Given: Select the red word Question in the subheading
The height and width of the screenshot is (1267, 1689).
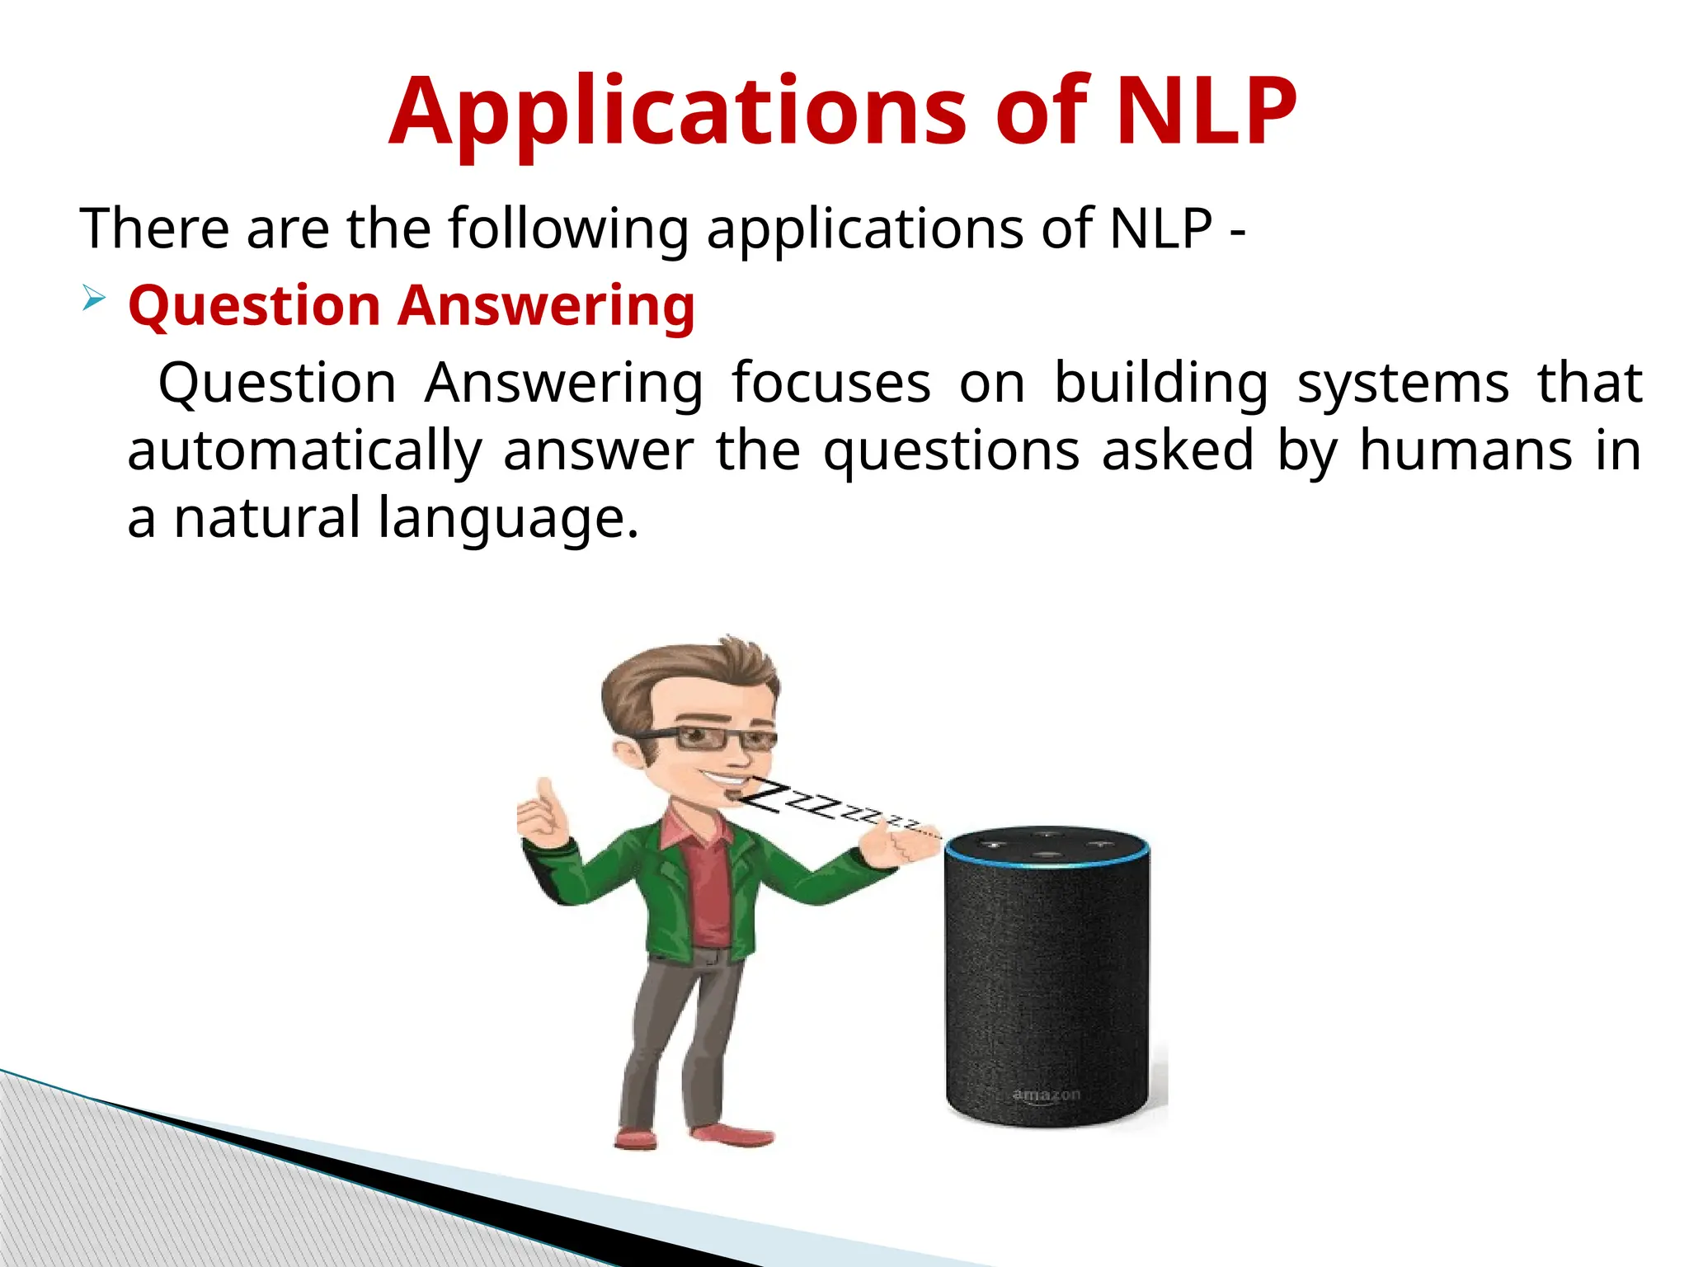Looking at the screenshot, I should coord(254,306).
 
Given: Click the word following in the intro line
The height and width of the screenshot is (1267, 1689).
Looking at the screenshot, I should coord(568,228).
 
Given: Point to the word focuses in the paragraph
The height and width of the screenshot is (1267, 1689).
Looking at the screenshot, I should coord(831,383).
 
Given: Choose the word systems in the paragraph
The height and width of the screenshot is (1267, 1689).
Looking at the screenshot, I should coord(1403,384).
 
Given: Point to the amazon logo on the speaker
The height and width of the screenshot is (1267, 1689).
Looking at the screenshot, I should coord(1046,1095).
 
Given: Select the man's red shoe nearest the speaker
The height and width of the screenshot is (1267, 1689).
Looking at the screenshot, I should coord(732,1136).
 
